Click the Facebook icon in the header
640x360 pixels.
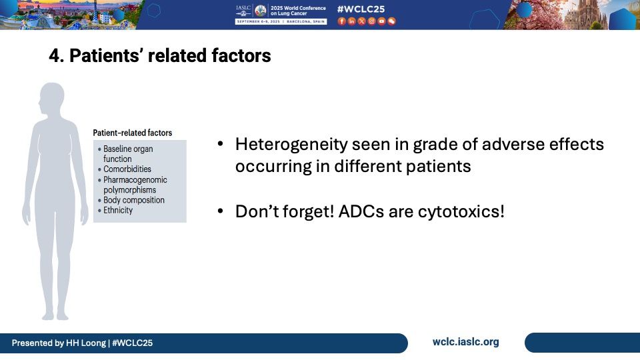341,21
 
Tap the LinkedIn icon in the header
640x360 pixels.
351,21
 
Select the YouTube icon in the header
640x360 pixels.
381,21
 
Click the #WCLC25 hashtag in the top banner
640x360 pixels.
361,9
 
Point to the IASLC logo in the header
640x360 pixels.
243,10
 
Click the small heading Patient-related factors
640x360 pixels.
132,133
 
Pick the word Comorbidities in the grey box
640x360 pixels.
127,169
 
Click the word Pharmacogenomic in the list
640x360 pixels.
135,179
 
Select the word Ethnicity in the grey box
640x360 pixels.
118,210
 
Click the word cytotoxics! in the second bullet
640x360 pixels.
461,212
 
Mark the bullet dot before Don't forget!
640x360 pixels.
221,211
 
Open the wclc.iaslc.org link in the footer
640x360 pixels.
466,342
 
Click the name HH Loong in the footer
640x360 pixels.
86,343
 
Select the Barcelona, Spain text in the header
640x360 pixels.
306,21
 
